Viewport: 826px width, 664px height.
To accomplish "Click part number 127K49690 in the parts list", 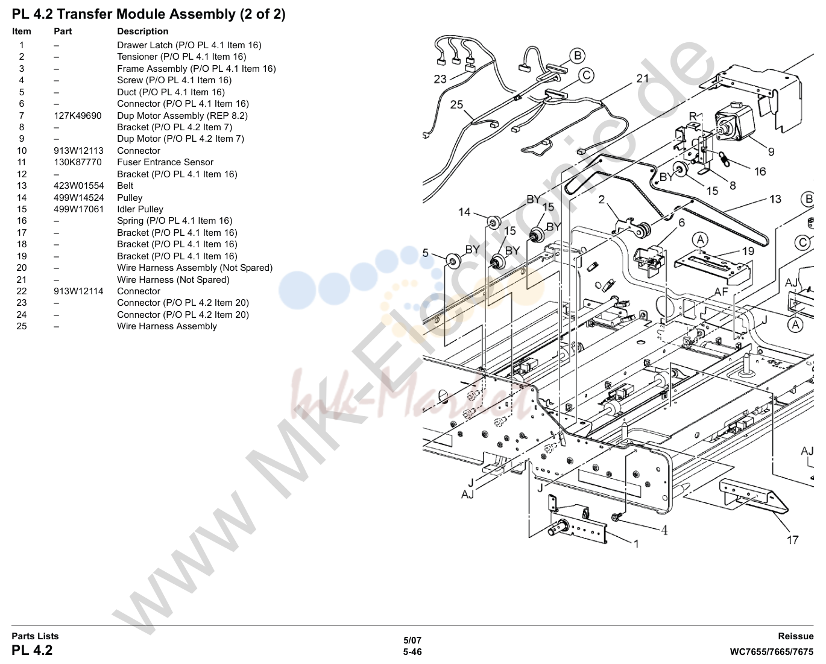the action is point(78,116).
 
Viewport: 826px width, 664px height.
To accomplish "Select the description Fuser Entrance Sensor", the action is point(165,162).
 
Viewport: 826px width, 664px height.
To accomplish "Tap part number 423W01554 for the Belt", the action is point(79,186).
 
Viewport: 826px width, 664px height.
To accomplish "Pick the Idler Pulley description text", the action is point(140,209).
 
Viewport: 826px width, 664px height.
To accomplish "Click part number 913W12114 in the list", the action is point(78,291).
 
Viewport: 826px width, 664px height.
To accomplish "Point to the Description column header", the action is point(143,31).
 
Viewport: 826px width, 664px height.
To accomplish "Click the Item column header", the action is point(22,31).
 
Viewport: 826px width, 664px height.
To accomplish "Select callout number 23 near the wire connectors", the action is point(440,79).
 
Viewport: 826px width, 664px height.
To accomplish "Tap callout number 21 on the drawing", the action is point(643,78).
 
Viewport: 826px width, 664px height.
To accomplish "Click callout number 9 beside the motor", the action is point(771,152).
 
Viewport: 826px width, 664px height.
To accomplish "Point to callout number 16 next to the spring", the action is point(760,171).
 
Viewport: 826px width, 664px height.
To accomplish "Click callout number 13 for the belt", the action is point(775,199).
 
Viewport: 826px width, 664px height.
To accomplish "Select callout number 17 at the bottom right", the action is point(793,540).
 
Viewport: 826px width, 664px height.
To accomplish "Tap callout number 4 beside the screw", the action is point(664,530).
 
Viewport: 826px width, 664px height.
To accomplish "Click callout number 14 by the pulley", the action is point(464,212).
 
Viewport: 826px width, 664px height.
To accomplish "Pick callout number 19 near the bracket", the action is point(748,251).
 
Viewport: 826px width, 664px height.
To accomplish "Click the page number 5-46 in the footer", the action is point(412,652).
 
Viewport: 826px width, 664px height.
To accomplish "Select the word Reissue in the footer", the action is point(795,636).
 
